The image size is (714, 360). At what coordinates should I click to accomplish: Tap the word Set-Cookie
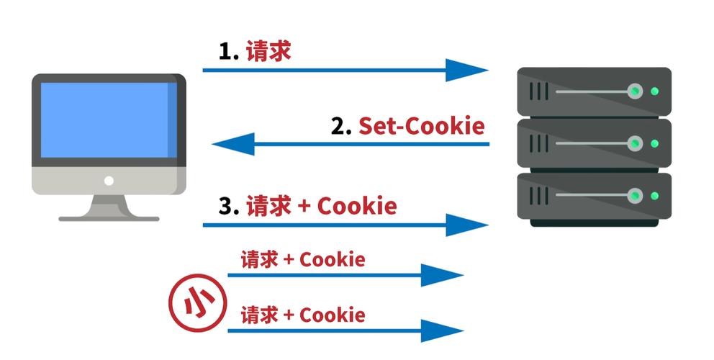(422, 126)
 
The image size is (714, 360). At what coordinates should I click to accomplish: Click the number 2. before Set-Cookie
(341, 126)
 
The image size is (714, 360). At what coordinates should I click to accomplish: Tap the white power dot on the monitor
(109, 180)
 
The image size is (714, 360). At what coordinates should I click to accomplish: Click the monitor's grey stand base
(109, 217)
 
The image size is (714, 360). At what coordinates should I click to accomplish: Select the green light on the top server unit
(654, 91)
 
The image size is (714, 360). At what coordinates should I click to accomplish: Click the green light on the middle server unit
(654, 143)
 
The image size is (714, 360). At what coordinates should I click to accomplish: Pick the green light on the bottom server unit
(654, 195)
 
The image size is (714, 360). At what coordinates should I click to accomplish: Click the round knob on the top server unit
(635, 91)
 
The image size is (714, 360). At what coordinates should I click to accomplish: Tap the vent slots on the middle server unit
(539, 143)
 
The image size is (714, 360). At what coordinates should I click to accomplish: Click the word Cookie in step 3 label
(357, 207)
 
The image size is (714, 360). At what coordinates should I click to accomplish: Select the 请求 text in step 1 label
(268, 53)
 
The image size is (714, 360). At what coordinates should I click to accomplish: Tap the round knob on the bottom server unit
(635, 195)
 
